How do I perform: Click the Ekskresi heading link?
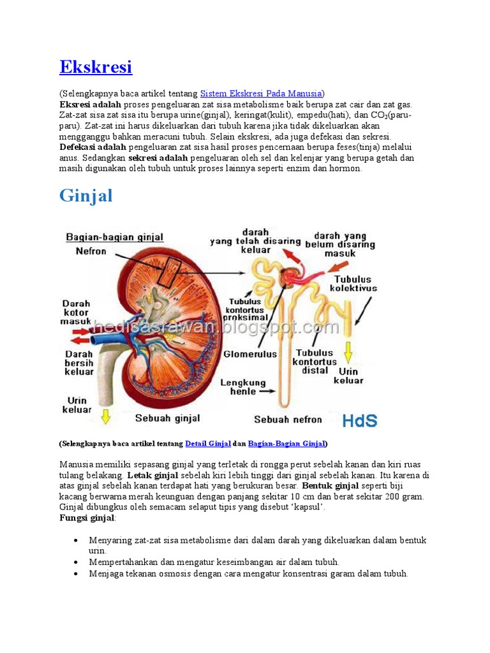tap(96, 66)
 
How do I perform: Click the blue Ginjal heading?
tap(85, 195)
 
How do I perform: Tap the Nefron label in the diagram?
tap(91, 251)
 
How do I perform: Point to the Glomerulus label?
tap(250, 353)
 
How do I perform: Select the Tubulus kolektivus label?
tap(353, 283)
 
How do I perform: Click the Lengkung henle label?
tap(242, 387)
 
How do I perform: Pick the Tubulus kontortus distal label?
tap(315, 361)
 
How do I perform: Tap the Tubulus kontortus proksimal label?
tap(246, 309)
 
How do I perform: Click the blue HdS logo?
tap(359, 420)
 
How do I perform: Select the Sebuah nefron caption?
tap(288, 420)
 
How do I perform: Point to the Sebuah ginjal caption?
tap(167, 418)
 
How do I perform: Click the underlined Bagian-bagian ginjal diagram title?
tap(115, 237)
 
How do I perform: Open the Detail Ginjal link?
tap(207, 443)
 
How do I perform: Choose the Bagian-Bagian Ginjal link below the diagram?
tap(286, 443)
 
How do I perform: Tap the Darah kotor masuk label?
tap(76, 312)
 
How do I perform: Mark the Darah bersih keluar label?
tap(79, 363)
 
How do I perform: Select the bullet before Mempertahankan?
tap(75, 562)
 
